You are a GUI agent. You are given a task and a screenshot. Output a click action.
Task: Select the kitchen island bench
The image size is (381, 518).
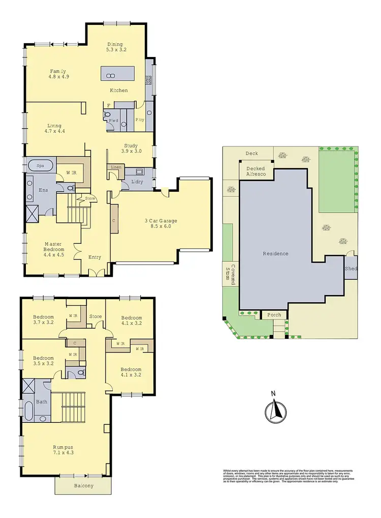118,73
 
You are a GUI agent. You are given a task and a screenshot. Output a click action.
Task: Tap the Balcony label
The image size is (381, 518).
83,486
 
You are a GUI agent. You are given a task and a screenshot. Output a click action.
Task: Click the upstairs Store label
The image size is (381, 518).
96,316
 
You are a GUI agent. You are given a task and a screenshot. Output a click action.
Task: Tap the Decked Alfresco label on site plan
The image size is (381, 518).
257,171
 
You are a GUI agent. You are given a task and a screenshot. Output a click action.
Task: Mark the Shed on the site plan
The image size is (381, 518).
351,269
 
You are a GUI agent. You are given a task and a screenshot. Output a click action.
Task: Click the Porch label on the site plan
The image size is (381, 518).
274,315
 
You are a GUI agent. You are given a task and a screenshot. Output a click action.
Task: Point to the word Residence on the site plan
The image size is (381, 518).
275,253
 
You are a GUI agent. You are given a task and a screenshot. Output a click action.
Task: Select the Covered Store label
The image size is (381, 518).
231,275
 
